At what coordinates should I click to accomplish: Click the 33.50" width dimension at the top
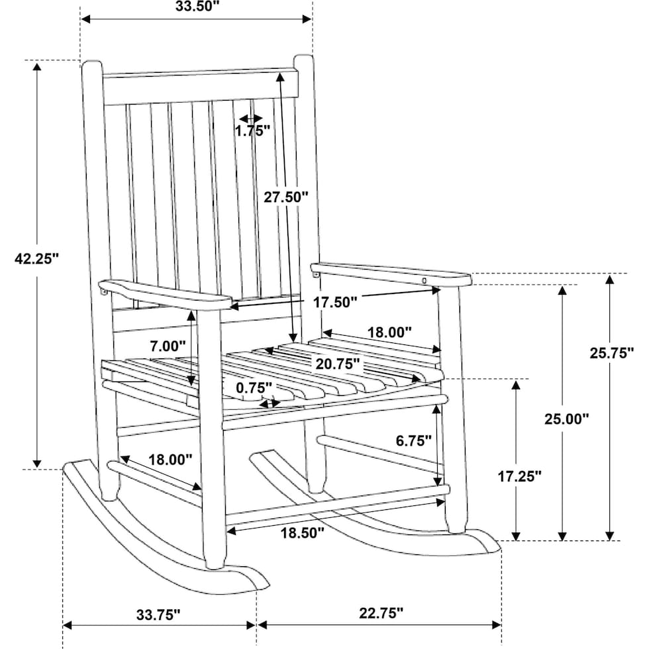pyautogui.click(x=197, y=7)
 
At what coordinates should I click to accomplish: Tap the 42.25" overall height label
pyautogui.click(x=37, y=259)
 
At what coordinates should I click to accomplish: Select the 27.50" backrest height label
pyautogui.click(x=286, y=197)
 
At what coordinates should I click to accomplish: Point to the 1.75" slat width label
pyautogui.click(x=252, y=131)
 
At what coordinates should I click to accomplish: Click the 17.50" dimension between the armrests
pyautogui.click(x=334, y=302)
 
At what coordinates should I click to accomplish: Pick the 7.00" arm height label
pyautogui.click(x=168, y=346)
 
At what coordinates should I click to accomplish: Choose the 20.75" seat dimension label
pyautogui.click(x=338, y=364)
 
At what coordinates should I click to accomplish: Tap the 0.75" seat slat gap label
pyautogui.click(x=254, y=388)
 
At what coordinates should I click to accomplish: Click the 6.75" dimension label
pyautogui.click(x=414, y=441)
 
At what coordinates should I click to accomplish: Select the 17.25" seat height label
pyautogui.click(x=519, y=476)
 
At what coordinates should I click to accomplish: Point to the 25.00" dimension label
pyautogui.click(x=566, y=419)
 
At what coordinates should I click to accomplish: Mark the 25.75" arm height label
pyautogui.click(x=612, y=353)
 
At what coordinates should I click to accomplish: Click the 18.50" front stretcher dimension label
pyautogui.click(x=302, y=532)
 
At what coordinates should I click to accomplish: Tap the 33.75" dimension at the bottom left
pyautogui.click(x=158, y=615)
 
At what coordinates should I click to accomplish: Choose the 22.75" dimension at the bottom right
pyautogui.click(x=381, y=613)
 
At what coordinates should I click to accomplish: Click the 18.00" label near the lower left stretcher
pyautogui.click(x=171, y=460)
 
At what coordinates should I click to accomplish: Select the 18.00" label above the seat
pyautogui.click(x=390, y=332)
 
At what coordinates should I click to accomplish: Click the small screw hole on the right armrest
pyautogui.click(x=424, y=281)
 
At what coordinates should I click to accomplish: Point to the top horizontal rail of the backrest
pyautogui.click(x=200, y=87)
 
